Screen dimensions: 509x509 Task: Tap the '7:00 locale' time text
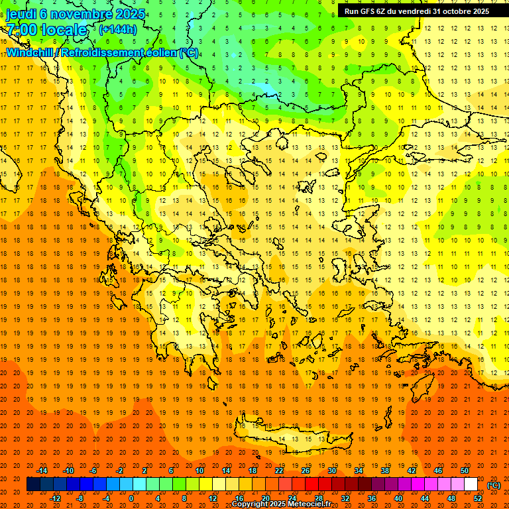(x=46, y=30)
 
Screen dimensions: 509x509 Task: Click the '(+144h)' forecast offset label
(x=118, y=29)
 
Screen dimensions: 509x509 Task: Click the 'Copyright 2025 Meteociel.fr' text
(x=281, y=504)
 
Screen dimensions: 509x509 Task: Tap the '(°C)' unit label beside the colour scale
(x=493, y=485)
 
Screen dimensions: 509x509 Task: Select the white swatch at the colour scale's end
(x=471, y=484)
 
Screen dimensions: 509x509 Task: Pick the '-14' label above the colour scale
(x=42, y=471)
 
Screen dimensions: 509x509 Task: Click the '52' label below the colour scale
(x=478, y=498)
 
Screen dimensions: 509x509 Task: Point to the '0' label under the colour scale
(x=131, y=498)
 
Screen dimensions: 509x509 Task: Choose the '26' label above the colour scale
(x=306, y=471)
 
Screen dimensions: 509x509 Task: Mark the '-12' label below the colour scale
(x=55, y=498)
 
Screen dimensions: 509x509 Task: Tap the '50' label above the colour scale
(x=465, y=471)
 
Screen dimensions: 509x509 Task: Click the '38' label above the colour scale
(x=385, y=471)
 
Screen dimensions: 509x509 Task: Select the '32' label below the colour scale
(x=345, y=498)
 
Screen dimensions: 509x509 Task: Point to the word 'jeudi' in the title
(x=21, y=13)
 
